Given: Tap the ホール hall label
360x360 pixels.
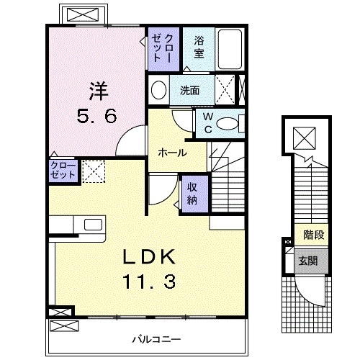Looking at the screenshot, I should [x=173, y=153].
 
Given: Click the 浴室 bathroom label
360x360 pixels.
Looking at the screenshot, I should [x=199, y=47].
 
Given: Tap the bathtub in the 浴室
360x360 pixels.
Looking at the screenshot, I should [x=230, y=48].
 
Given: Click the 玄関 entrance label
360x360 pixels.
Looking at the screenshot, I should [x=308, y=259].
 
